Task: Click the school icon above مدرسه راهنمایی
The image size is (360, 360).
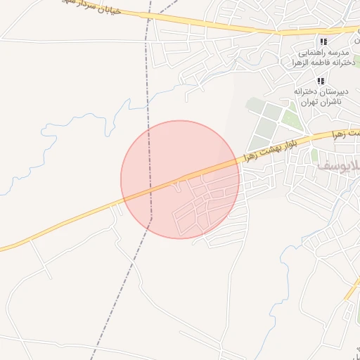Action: [x=323, y=42]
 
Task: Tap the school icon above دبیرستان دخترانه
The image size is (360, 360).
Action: [x=321, y=81]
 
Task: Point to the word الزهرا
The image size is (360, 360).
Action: [x=304, y=63]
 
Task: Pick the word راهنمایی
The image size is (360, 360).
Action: [x=309, y=53]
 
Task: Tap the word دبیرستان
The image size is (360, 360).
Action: [x=335, y=91]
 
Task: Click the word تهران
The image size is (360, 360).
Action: [x=307, y=102]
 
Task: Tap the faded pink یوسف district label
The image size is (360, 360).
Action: [x=337, y=166]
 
